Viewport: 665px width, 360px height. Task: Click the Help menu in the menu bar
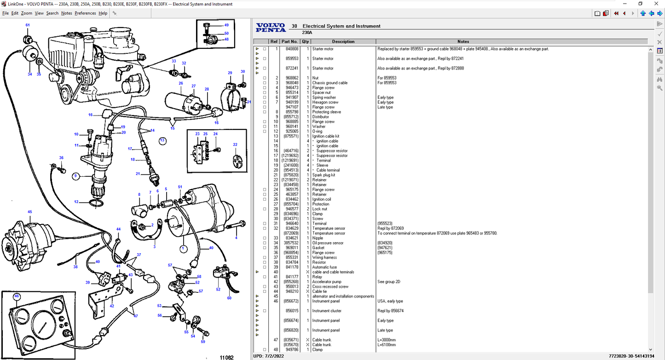[x=103, y=13]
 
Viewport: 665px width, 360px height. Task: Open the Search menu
[x=52, y=13]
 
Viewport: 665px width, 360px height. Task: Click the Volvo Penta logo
[x=271, y=28]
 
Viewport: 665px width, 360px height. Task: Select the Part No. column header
[x=289, y=41]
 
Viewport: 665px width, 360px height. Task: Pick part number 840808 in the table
[x=292, y=49]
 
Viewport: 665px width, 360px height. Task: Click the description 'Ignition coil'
[x=322, y=199]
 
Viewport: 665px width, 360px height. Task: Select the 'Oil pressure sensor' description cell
[x=328, y=243]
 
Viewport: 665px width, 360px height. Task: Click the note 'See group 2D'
[x=389, y=282]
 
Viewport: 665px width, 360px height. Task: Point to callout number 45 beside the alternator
[x=29, y=212]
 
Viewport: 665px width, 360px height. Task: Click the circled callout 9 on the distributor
[x=76, y=176]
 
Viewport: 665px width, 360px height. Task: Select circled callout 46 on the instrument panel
[x=17, y=296]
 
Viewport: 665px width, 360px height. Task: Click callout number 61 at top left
[x=28, y=25]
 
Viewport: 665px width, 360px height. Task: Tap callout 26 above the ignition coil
[x=181, y=83]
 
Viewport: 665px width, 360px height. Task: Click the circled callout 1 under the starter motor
[x=183, y=249]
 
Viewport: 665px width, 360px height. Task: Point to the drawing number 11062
[x=226, y=357]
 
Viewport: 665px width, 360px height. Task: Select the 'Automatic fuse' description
[x=324, y=267]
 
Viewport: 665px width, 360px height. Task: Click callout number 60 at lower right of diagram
[x=229, y=298]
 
